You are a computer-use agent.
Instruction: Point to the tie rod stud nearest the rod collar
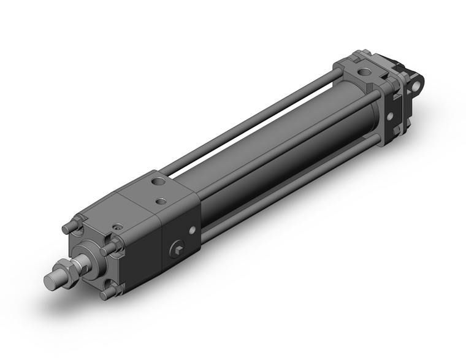[x=109, y=248]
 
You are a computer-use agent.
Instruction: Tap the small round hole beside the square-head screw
[x=192, y=231]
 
